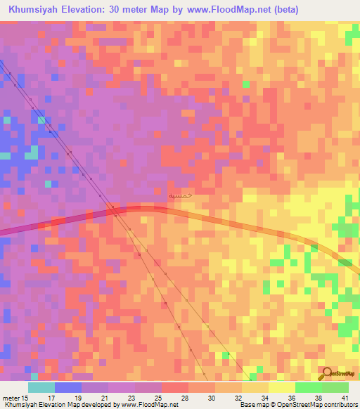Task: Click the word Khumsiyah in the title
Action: pos(34,10)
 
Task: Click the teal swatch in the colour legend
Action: pos(41,388)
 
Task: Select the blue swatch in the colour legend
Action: pos(67,388)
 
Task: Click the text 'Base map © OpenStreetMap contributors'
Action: pos(297,404)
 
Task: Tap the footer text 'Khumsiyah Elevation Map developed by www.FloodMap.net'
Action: pos(89,404)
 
